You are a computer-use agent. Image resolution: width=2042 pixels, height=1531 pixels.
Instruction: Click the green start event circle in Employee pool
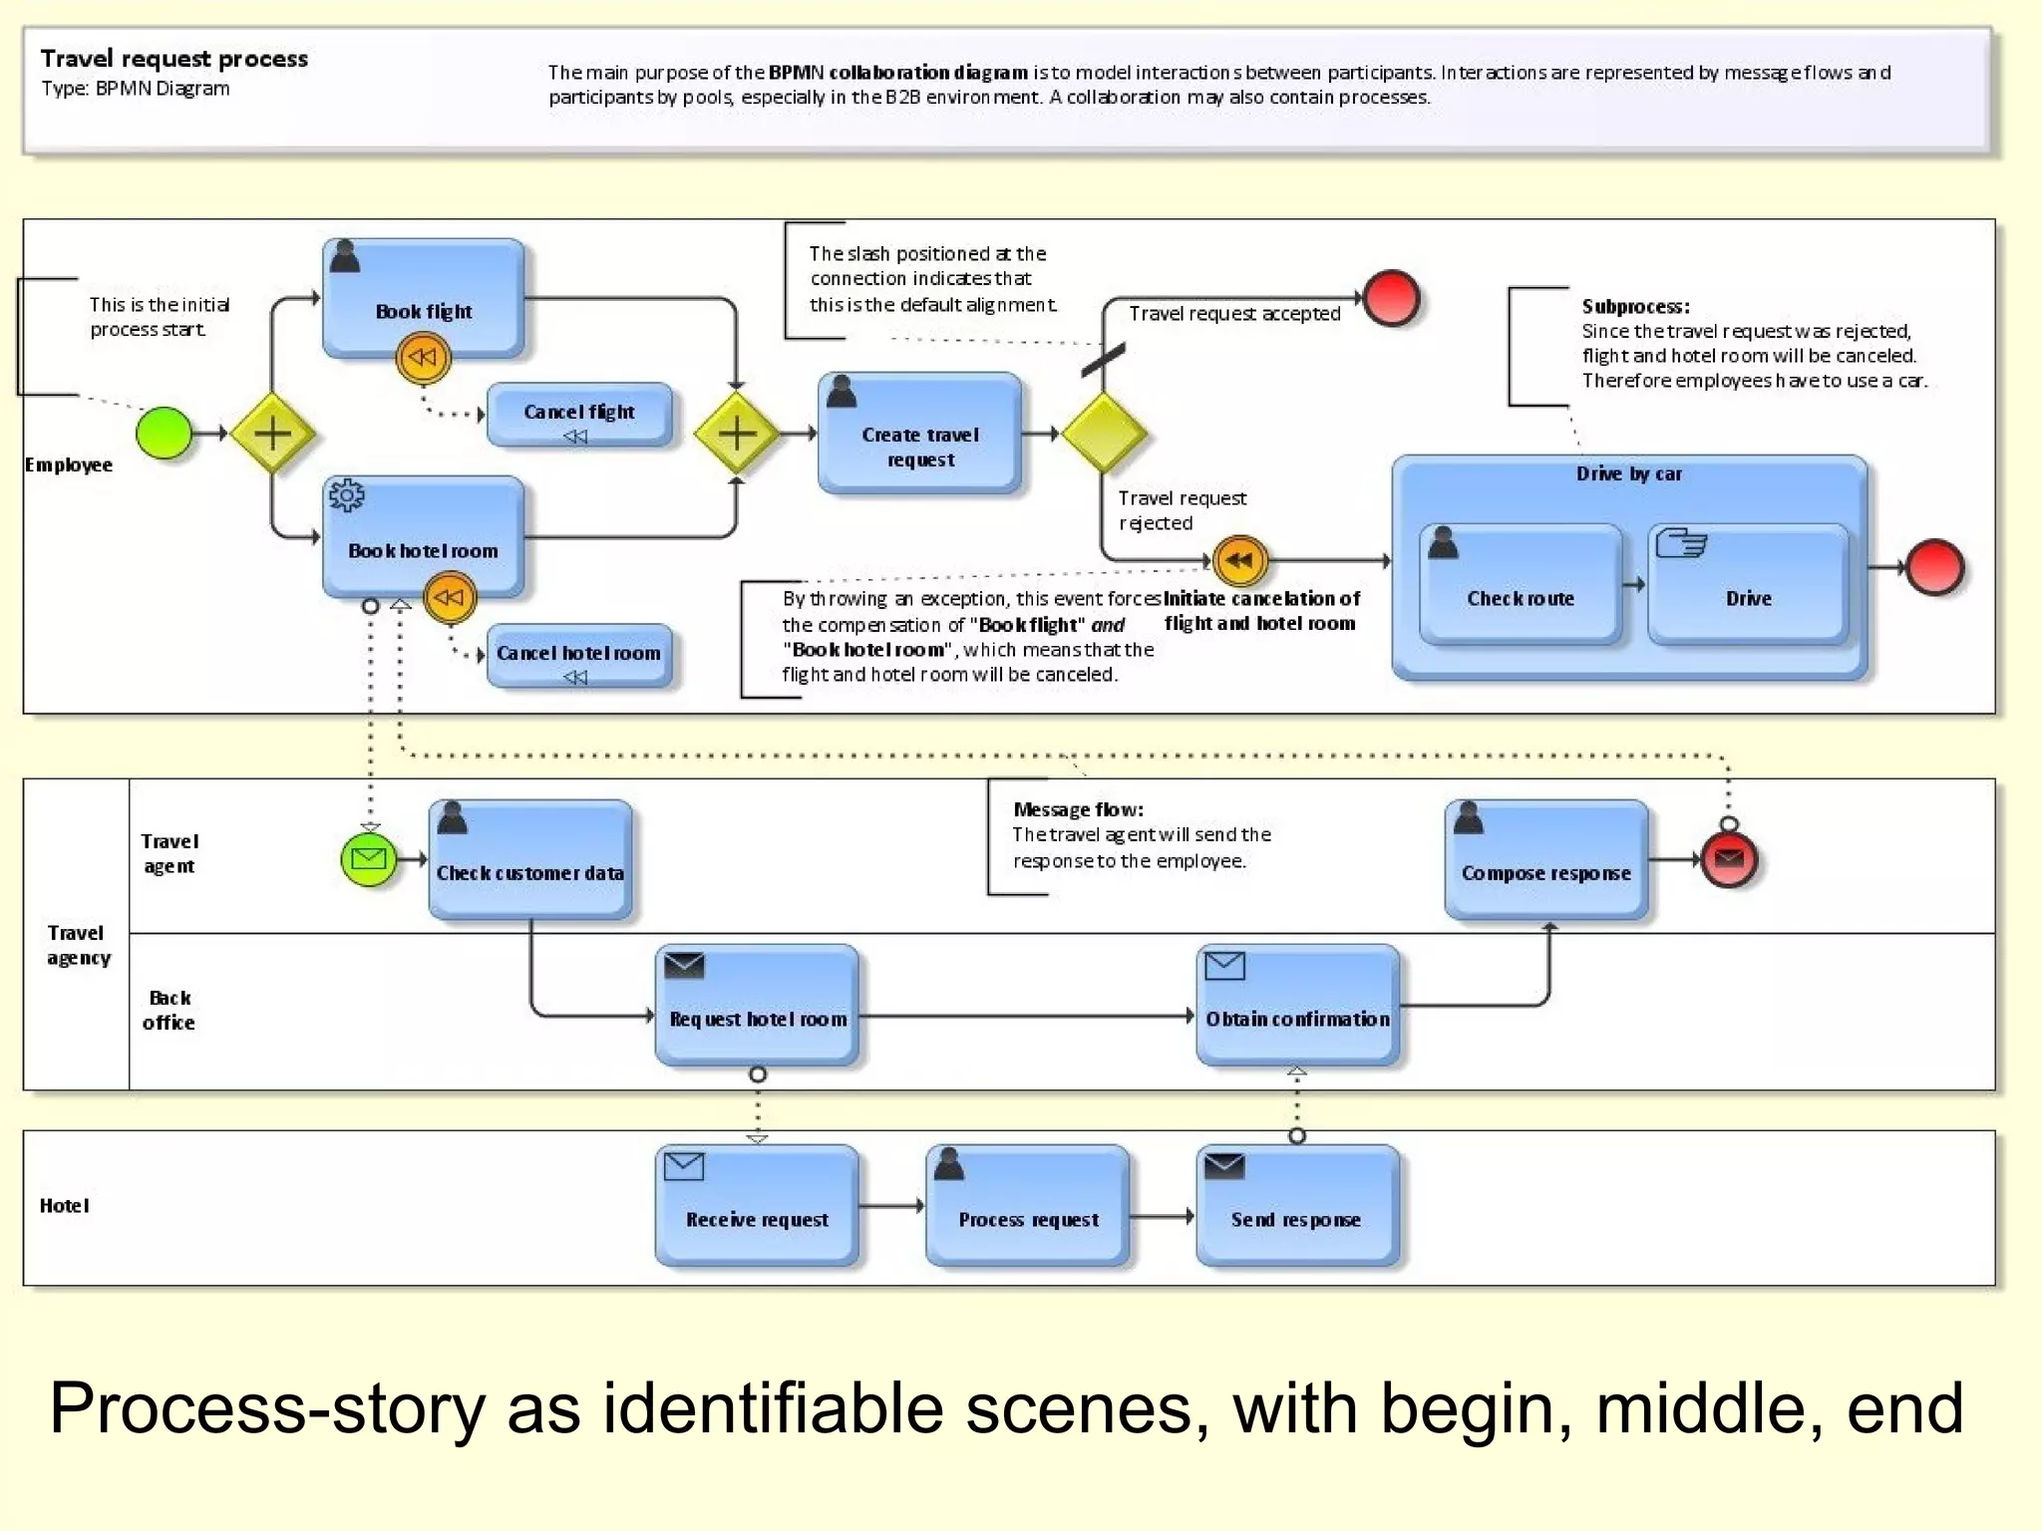click(x=165, y=434)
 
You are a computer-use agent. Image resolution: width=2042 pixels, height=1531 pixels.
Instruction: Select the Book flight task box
click(x=424, y=298)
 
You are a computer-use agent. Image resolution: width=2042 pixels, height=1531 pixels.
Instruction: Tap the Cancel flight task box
click(x=579, y=415)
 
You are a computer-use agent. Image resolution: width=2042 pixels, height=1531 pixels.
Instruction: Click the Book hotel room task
click(x=424, y=538)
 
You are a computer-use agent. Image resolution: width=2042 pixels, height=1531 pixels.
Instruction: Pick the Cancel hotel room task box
click(x=579, y=655)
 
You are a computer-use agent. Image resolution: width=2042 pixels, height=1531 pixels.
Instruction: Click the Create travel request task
click(x=919, y=434)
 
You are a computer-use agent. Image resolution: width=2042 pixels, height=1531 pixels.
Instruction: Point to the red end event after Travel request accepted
click(x=1391, y=298)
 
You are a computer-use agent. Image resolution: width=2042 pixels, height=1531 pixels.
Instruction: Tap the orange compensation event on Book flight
click(x=423, y=358)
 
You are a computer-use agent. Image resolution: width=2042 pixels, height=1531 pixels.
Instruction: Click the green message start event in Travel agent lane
click(x=369, y=859)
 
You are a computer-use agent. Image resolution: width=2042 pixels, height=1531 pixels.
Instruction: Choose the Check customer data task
click(x=530, y=860)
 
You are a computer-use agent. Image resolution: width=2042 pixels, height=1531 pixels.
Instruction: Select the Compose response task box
click(x=1545, y=860)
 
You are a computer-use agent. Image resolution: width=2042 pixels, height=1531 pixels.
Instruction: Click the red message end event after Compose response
click(x=1729, y=859)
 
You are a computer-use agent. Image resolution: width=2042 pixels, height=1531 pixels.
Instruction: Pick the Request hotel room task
click(x=757, y=1006)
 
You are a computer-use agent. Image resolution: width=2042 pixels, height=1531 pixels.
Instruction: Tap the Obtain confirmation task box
click(x=1297, y=1006)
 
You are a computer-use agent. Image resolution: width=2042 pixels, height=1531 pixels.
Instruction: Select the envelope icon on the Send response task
click(x=1224, y=1165)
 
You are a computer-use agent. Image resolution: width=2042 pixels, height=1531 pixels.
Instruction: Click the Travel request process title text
click(x=174, y=59)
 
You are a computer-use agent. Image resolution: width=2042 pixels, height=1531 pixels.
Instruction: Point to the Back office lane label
click(x=169, y=1010)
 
